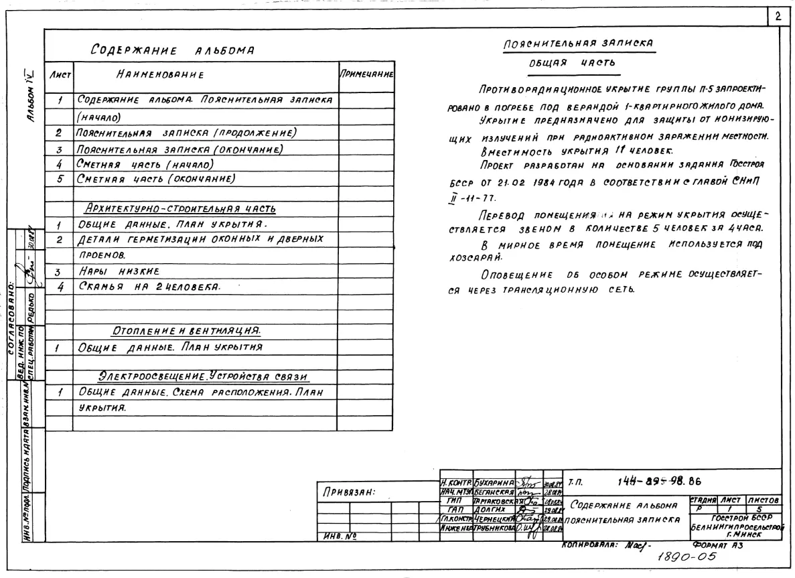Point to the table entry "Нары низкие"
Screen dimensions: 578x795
(118, 272)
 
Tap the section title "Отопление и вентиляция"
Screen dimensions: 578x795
(186, 330)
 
